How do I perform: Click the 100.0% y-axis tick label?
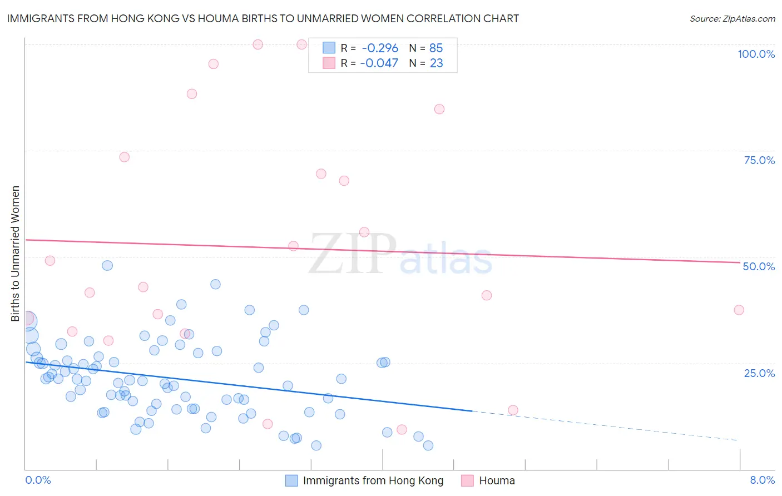pyautogui.click(x=756, y=54)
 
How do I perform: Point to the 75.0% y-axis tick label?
pyautogui.click(x=759, y=160)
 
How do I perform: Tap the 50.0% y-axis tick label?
pyautogui.click(x=759, y=266)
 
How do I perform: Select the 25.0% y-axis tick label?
pyautogui.click(x=759, y=373)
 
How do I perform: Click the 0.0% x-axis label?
pyautogui.click(x=38, y=480)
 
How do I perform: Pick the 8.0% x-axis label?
pyautogui.click(x=762, y=480)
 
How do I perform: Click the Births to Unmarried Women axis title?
pyautogui.click(x=15, y=254)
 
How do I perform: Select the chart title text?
pyautogui.click(x=263, y=18)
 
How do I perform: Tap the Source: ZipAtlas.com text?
pyautogui.click(x=732, y=19)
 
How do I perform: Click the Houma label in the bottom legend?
pyautogui.click(x=497, y=480)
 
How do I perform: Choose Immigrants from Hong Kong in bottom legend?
pyautogui.click(x=373, y=480)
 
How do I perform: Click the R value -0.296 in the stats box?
pyautogui.click(x=380, y=48)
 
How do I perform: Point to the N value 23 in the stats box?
pyautogui.click(x=436, y=63)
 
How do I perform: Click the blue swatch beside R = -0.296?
pyautogui.click(x=329, y=48)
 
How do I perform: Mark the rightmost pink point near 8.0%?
pyautogui.click(x=739, y=310)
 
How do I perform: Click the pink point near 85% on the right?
pyautogui.click(x=439, y=109)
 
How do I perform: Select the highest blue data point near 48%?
pyautogui.click(x=107, y=265)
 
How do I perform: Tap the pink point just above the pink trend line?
pyautogui.click(x=364, y=232)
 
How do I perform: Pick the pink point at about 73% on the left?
pyautogui.click(x=125, y=157)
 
